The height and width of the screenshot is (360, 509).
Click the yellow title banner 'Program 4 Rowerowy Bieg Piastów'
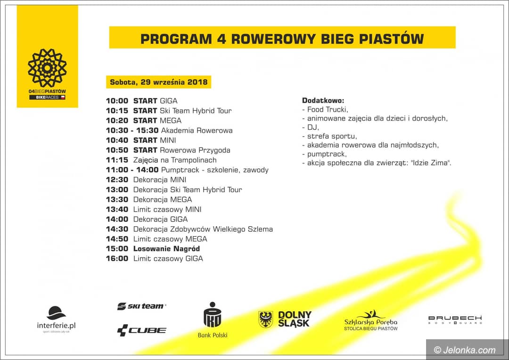coord(282,38)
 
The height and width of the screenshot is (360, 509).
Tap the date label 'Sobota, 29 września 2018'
coord(158,82)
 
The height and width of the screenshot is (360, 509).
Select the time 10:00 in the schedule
coord(117,101)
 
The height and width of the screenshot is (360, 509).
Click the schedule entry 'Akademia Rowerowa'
coord(197,131)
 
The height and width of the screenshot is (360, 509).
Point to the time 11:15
coord(117,160)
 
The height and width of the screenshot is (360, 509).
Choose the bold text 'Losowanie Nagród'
coord(166,249)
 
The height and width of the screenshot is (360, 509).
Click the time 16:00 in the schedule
coord(117,259)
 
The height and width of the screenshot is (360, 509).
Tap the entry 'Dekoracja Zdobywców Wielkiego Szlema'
coord(203,229)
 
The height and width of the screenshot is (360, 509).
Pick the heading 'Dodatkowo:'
coord(323,101)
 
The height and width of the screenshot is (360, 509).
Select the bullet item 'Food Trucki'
coord(327,109)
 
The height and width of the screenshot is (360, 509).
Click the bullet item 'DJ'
coord(312,127)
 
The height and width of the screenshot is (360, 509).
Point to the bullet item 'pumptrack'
coord(327,154)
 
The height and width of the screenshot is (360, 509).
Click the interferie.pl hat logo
coord(56,313)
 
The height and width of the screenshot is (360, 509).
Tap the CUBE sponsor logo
coord(141,330)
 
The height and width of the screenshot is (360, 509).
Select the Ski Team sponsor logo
coord(141,306)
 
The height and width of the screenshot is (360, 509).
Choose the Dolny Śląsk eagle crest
coord(266,319)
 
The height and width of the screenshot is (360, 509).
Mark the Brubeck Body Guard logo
coord(455,319)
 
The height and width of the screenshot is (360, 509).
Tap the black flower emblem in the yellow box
coord(47,68)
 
